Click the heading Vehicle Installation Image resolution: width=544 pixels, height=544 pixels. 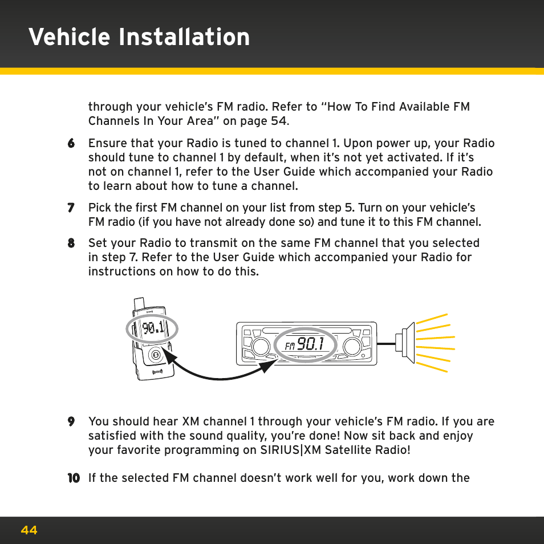tap(139, 37)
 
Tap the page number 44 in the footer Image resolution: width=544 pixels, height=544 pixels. tap(29, 530)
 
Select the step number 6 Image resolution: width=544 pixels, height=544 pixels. tap(71, 144)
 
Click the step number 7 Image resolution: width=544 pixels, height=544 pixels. tap(71, 208)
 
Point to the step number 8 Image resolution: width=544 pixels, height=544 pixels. tap(71, 243)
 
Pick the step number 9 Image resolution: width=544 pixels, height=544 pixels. tap(71, 422)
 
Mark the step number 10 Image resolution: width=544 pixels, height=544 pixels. tap(74, 478)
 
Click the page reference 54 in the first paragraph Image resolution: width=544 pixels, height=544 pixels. tap(277, 121)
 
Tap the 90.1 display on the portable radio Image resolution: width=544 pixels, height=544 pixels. tap(153, 328)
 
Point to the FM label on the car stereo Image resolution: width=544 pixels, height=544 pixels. tap(290, 346)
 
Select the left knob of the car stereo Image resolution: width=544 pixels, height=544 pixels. tap(260, 346)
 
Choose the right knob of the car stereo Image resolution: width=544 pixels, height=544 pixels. tap(352, 346)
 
